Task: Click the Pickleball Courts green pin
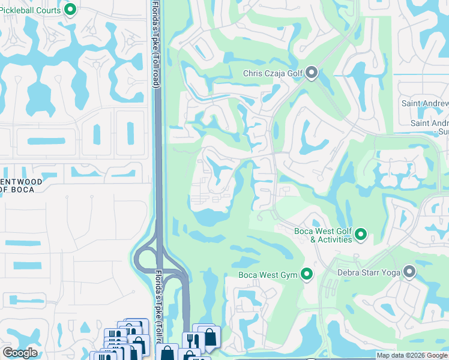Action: [70, 10]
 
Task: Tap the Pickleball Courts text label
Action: [31, 10]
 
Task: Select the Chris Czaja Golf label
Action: [273, 74]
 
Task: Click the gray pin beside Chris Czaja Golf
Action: [312, 73]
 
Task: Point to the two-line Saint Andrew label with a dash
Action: [430, 127]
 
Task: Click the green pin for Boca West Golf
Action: [361, 234]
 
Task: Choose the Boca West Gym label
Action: [268, 275]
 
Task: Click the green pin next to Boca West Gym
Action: [307, 275]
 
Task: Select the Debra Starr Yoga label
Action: [370, 272]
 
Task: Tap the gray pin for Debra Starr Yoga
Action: [410, 272]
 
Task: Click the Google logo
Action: [20, 353]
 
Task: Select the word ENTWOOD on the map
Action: [21, 181]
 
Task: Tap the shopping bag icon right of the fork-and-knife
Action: [210, 337]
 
